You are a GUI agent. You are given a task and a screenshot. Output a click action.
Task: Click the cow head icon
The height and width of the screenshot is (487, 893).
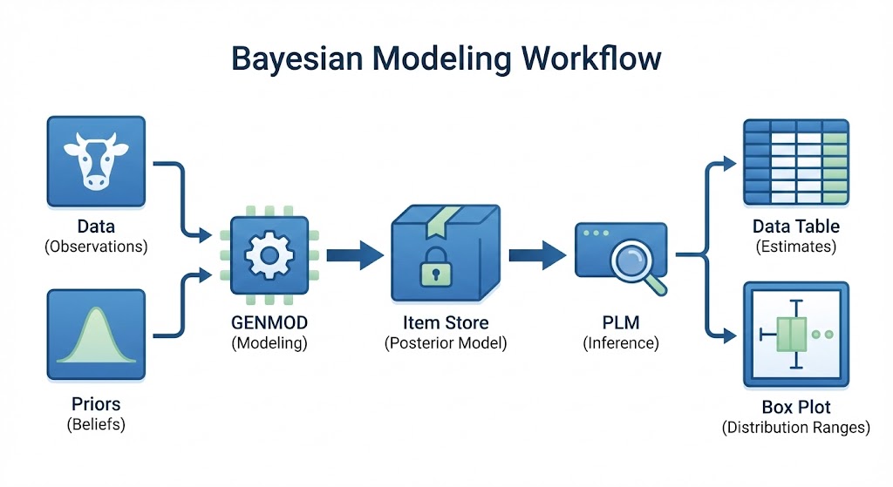point(96,162)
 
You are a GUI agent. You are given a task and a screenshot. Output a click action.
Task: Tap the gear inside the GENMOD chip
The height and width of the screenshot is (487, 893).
point(268,256)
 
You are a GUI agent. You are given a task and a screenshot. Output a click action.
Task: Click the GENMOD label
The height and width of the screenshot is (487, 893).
point(269,323)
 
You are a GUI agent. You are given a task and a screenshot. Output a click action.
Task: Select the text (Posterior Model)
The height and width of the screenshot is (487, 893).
point(445,343)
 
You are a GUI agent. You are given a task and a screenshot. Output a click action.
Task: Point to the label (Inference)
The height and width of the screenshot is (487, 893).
point(621,343)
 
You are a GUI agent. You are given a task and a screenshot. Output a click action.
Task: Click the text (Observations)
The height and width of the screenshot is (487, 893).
point(96,247)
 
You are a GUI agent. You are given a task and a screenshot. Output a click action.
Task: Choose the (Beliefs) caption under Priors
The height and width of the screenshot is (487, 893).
point(96,425)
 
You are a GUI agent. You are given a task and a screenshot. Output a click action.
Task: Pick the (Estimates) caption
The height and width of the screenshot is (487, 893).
point(795,247)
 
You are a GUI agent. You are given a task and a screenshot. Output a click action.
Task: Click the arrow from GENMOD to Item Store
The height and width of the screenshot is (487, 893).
point(355,255)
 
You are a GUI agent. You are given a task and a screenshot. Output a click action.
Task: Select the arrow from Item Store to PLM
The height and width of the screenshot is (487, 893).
point(535,255)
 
